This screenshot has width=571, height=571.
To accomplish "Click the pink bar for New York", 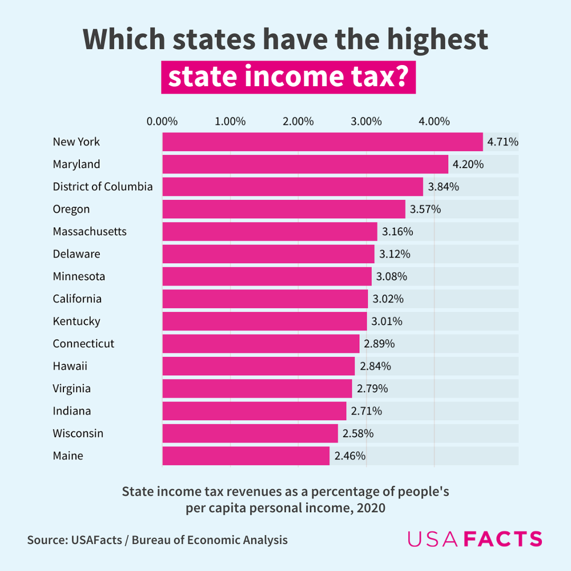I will [323, 142].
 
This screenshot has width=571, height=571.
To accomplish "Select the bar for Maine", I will [246, 456].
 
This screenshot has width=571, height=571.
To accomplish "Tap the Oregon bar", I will [284, 209].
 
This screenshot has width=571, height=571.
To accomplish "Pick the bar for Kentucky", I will [264, 321].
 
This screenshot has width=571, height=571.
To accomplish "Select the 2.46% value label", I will [350, 456].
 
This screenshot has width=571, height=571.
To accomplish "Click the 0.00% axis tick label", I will [162, 122].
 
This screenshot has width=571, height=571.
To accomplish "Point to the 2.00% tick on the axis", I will [298, 122].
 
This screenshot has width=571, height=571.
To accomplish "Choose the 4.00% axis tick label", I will [434, 122].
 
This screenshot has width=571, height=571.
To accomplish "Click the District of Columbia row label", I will [103, 187].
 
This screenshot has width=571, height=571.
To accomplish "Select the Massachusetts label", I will [90, 231].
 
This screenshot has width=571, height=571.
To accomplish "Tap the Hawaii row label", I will [70, 366].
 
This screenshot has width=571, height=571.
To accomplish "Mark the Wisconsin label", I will [78, 433].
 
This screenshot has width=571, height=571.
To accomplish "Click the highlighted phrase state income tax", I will [288, 78].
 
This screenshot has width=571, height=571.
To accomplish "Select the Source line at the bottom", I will [157, 540].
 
